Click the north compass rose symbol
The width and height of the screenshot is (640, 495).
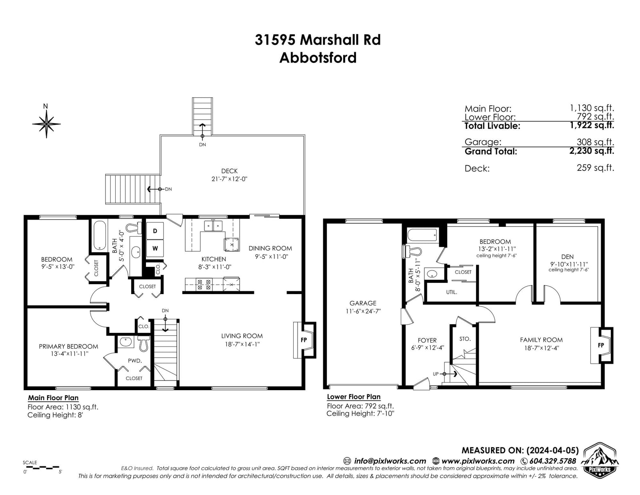46,124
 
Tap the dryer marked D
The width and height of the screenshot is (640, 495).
155,231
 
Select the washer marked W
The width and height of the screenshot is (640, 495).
155,248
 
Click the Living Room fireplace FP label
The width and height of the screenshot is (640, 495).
304,340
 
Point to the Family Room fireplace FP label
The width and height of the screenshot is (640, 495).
601,345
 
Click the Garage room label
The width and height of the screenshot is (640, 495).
363,303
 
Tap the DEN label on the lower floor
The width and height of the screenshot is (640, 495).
567,257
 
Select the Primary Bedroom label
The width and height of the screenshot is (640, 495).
68,346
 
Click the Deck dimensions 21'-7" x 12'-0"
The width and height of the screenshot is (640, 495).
230,179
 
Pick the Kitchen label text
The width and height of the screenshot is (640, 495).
214,259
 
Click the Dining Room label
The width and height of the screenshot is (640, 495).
270,248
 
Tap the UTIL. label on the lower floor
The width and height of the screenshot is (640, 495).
452,292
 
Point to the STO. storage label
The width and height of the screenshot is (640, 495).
465,339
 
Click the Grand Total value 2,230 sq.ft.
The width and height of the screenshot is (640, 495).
592,151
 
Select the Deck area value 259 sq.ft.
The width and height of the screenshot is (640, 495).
595,168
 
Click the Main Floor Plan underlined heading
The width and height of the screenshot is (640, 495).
53,398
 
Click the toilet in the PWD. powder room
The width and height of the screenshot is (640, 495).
144,344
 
